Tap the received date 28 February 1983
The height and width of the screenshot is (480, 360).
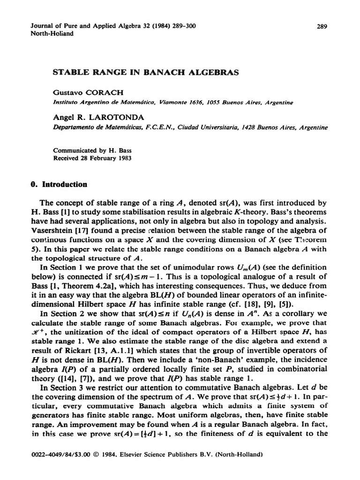coord(105,158)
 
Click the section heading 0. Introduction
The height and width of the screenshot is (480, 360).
coord(58,185)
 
